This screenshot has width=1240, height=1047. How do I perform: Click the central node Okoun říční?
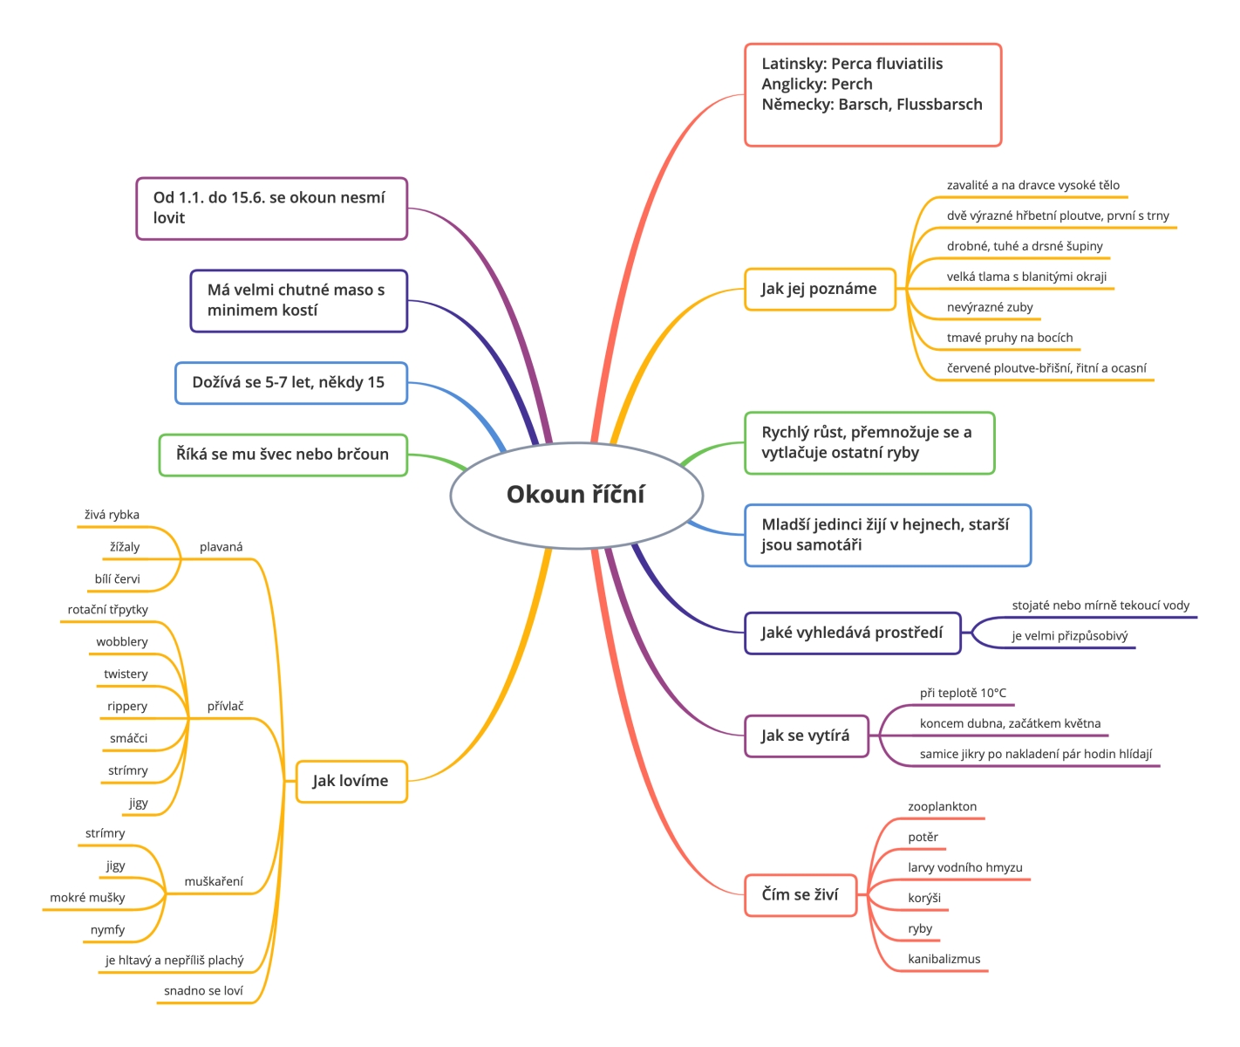(576, 495)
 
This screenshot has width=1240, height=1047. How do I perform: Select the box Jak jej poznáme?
(820, 289)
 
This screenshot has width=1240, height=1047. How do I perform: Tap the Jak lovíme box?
(351, 781)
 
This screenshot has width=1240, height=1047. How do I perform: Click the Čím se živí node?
(801, 894)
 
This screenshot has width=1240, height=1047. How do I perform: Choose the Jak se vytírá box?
(807, 736)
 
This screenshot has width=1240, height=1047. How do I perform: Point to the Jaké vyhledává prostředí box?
(852, 633)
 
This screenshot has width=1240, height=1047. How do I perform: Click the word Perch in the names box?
(852, 84)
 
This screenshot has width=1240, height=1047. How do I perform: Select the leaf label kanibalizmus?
(944, 959)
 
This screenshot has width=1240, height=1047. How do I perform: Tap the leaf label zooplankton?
(942, 806)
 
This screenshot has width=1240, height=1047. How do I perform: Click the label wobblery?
(122, 642)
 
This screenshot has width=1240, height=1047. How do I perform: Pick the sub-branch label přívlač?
(225, 706)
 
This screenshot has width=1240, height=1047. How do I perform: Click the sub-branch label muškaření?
(213, 881)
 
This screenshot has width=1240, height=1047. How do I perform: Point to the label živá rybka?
(112, 515)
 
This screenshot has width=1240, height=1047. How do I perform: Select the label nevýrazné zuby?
(990, 307)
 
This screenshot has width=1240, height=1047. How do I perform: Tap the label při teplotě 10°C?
(963, 693)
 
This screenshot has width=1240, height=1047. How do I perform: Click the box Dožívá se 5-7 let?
(291, 383)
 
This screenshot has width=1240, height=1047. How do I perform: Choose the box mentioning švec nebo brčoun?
(283, 455)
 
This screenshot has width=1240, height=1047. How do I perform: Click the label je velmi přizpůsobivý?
(1070, 636)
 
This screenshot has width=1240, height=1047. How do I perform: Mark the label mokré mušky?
(87, 897)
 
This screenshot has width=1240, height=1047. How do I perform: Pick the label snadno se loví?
(203, 990)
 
